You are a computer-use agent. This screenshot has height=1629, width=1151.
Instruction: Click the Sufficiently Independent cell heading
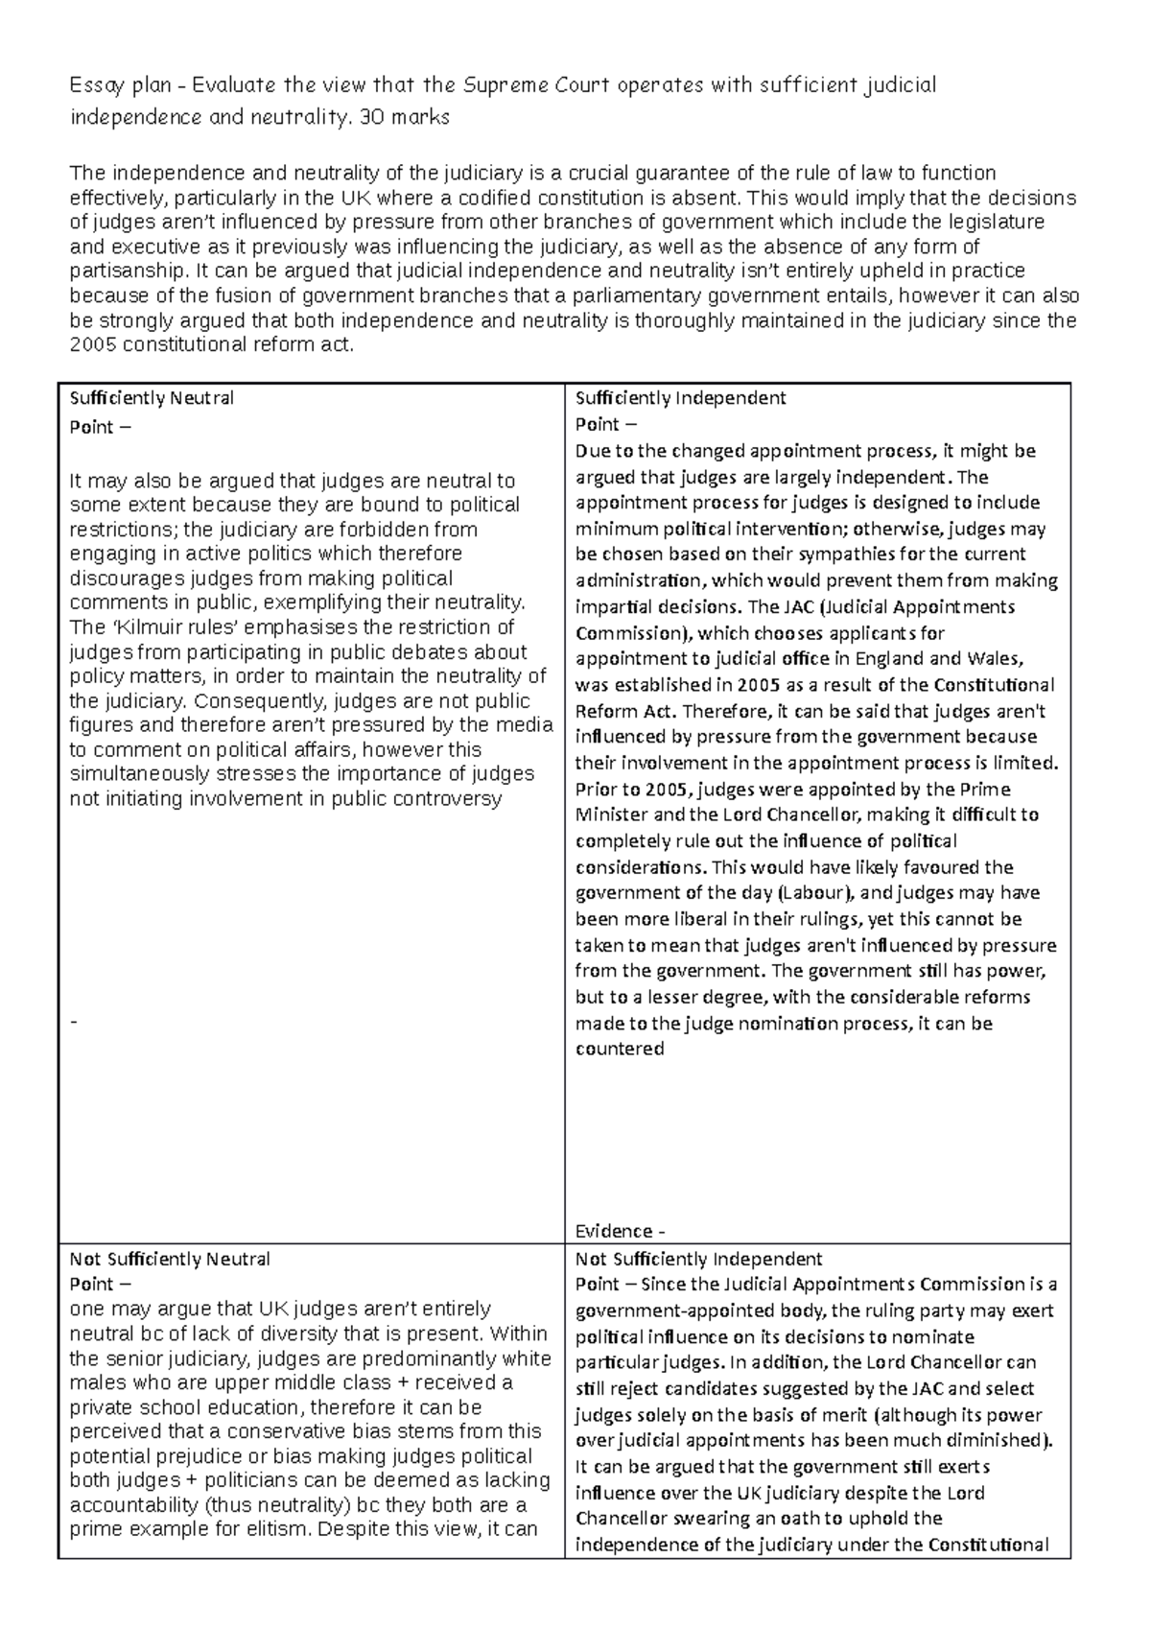[680, 397]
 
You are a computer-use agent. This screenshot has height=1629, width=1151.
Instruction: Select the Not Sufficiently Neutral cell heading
[170, 1259]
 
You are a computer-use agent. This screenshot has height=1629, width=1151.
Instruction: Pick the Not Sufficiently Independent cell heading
[698, 1259]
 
